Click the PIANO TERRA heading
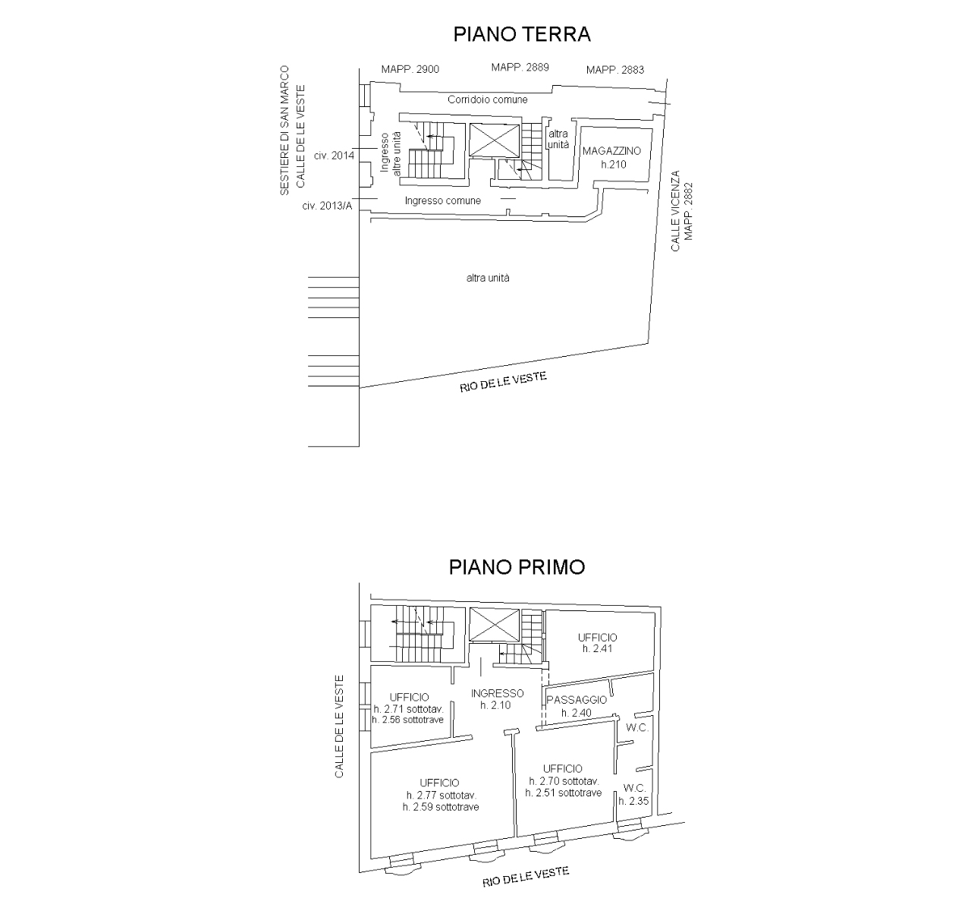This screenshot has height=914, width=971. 522,34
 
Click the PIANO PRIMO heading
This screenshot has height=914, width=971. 517,567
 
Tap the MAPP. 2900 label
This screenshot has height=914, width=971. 410,70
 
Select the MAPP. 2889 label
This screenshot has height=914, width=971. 520,67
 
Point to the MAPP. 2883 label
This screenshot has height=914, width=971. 615,70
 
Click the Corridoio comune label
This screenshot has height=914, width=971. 488,99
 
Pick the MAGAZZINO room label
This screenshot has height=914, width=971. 611,151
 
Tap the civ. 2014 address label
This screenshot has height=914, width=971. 334,156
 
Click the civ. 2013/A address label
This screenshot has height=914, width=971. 327,206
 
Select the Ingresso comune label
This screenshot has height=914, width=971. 443,200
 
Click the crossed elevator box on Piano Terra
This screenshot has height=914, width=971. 495,140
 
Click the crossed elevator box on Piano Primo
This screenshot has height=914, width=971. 495,625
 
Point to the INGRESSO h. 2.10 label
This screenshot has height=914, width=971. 497,699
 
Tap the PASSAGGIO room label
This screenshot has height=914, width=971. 577,700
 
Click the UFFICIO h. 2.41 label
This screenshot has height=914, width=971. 598,643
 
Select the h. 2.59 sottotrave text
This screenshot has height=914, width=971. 441,807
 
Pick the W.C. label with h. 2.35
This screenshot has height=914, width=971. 634,795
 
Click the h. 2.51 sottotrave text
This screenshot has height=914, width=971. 563,793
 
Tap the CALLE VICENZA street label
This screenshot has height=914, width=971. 675,211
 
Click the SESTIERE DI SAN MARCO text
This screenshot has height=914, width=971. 284,131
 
